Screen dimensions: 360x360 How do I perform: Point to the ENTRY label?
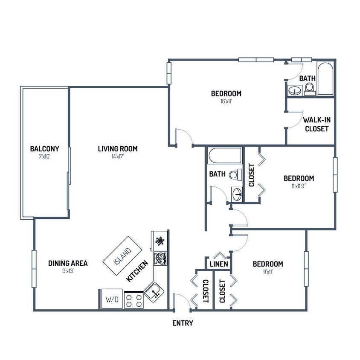(183, 323)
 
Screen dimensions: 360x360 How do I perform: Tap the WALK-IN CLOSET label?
(316, 124)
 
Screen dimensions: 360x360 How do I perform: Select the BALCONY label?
(44, 149)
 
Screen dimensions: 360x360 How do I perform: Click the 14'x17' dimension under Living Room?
(117, 157)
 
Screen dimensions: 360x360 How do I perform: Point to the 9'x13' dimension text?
(67, 271)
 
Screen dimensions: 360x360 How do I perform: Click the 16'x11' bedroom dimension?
(226, 102)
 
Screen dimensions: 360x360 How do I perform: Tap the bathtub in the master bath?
(325, 79)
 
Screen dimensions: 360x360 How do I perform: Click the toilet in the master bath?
(309, 88)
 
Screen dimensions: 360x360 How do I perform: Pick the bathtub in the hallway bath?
(225, 156)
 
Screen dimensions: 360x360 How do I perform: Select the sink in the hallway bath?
(237, 194)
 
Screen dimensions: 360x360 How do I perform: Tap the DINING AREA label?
(67, 263)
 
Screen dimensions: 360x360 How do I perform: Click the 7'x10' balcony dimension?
(44, 157)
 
